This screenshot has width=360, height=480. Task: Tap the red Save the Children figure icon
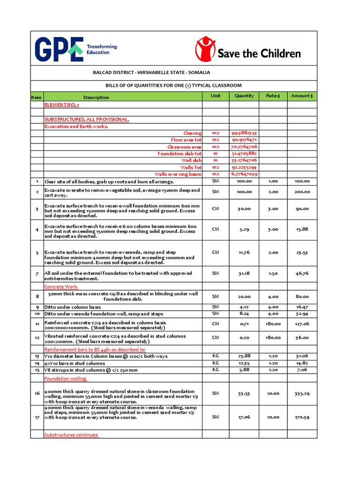pyautogui.click(x=204, y=49)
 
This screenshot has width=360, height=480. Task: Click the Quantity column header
pyautogui.click(x=244, y=96)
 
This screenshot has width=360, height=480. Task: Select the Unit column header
pyautogui.click(x=216, y=96)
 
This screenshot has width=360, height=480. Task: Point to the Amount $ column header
pyautogui.click(x=302, y=96)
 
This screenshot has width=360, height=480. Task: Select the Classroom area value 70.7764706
pyautogui.click(x=244, y=147)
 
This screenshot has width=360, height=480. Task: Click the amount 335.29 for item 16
pyautogui.click(x=302, y=394)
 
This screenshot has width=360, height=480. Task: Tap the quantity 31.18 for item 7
pyautogui.click(x=244, y=273)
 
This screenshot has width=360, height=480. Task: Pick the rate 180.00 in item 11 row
pyautogui.click(x=273, y=324)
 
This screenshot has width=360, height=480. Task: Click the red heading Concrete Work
pyautogui.click(x=61, y=286)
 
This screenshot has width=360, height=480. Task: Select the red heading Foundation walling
pyautogui.click(x=65, y=378)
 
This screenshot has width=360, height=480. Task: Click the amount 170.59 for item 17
pyautogui.click(x=302, y=417)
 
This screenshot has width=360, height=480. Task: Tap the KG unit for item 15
pyautogui.click(x=216, y=369)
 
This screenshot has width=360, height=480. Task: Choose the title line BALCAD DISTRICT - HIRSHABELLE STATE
pyautogui.click(x=151, y=73)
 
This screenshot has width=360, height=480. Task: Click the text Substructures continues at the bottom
pyautogui.click(x=71, y=435)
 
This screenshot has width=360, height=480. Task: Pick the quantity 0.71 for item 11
pyautogui.click(x=244, y=324)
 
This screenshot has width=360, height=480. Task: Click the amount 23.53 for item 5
pyautogui.click(x=302, y=253)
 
